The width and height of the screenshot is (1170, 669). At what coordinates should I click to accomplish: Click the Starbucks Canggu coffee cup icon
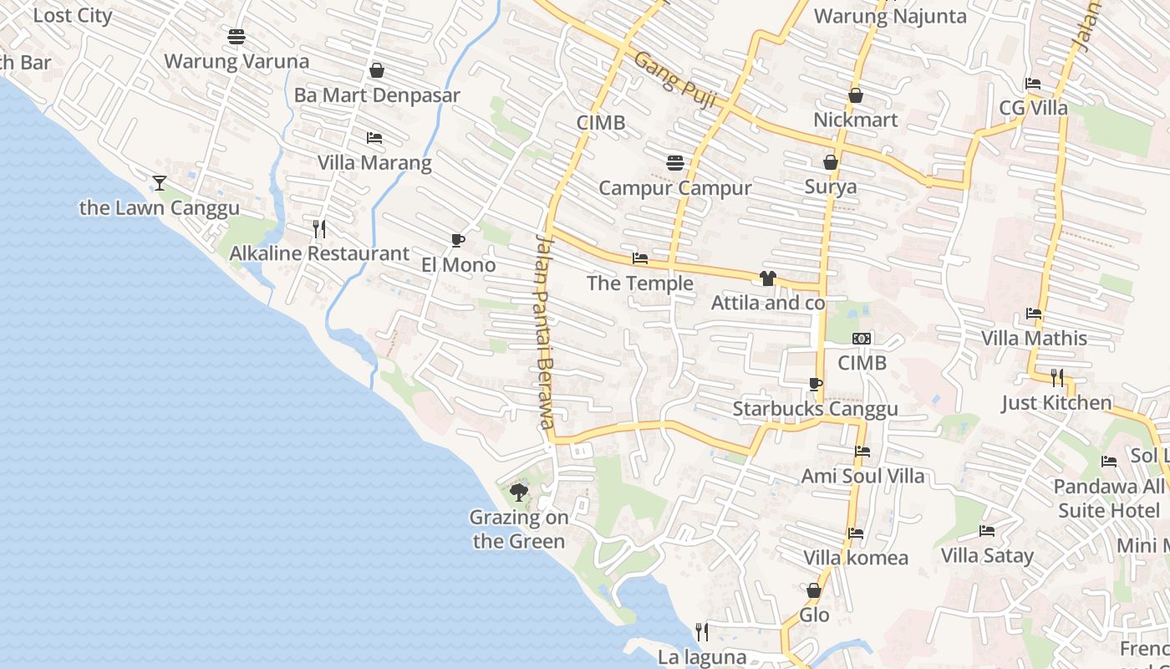[x=816, y=385]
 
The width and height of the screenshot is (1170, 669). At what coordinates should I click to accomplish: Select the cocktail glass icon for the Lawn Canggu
[x=160, y=182]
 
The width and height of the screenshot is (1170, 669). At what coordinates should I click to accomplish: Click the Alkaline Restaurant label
[x=319, y=253]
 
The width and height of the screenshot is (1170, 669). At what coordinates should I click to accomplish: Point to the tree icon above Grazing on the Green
[x=519, y=492]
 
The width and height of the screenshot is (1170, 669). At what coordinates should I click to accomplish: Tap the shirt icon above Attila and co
[x=768, y=278]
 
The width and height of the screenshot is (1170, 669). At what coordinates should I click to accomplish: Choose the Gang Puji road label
[x=675, y=80]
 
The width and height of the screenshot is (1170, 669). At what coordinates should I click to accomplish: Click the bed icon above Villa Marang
[x=374, y=137]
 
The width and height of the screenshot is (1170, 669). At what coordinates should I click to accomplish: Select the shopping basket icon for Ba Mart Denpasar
[x=377, y=70]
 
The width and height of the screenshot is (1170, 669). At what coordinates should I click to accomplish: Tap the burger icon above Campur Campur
[x=675, y=162]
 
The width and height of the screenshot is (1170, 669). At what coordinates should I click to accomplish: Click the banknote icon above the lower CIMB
[x=862, y=339]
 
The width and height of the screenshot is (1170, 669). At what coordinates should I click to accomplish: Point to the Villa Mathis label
[x=1034, y=338]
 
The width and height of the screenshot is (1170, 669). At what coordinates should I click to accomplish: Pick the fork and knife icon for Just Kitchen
[x=1057, y=378]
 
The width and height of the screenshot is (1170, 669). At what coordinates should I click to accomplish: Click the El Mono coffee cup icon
[x=457, y=241]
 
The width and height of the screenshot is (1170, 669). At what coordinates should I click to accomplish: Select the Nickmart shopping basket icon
[x=856, y=95]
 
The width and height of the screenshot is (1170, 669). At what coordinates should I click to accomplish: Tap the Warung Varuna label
[x=237, y=61]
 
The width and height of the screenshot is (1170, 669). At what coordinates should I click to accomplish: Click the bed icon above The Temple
[x=640, y=258]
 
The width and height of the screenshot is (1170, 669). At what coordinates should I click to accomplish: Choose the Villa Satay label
[x=987, y=555]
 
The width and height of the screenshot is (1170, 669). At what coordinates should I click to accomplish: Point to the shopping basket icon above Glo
[x=814, y=590]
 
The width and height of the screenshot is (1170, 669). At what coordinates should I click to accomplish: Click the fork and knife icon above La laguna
[x=702, y=631]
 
